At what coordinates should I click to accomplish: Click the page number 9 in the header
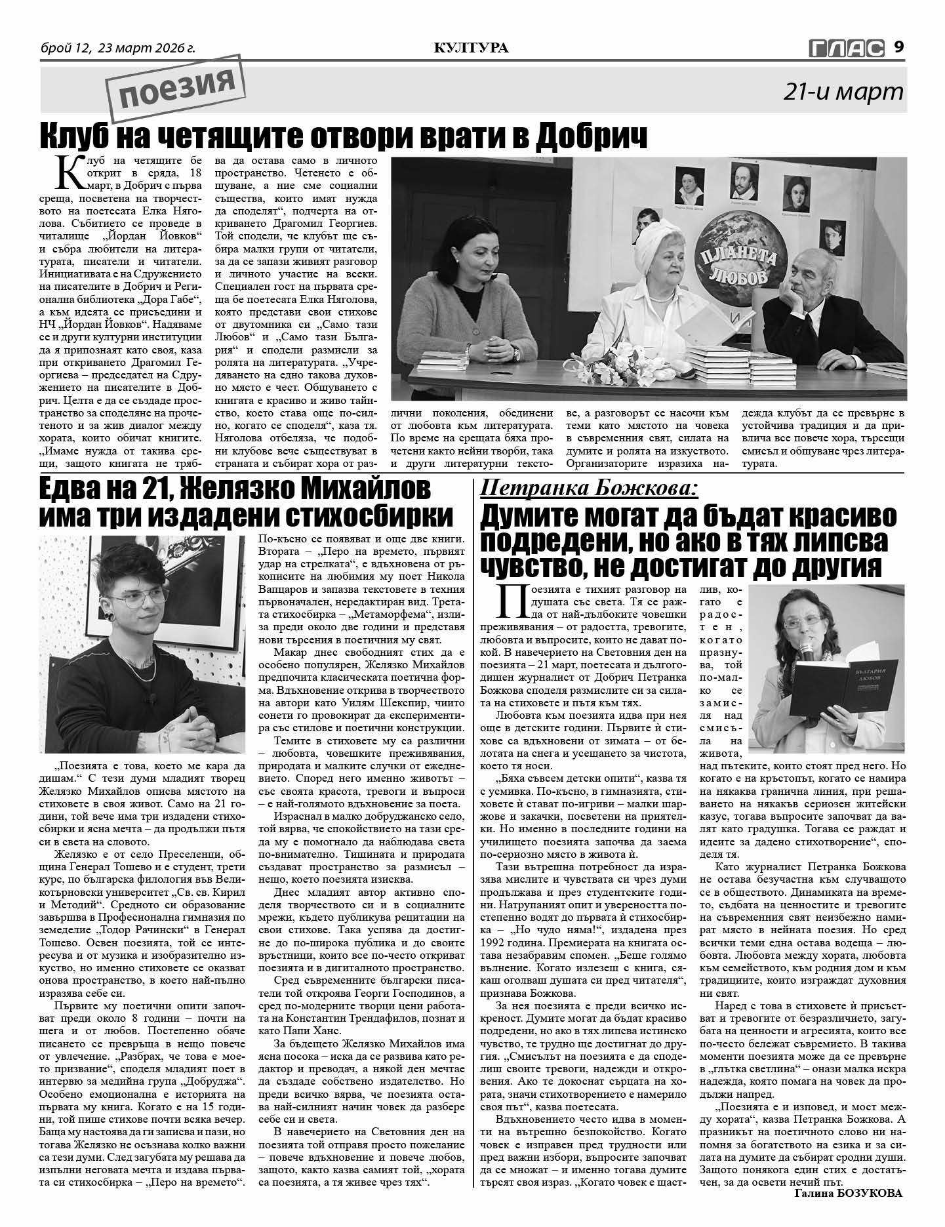coord(899,47)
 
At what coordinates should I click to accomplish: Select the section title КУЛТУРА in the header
coord(472,48)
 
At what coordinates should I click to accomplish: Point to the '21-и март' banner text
coord(843,92)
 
